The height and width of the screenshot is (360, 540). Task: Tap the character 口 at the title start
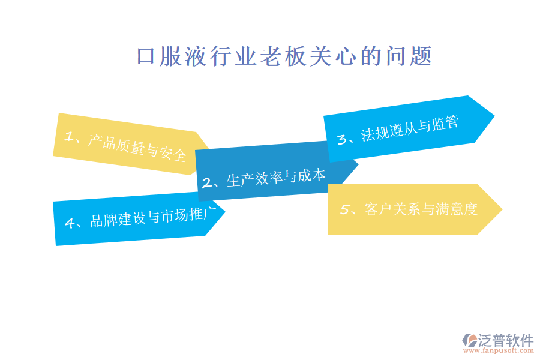[147, 58]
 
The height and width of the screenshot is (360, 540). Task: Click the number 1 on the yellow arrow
[70, 137]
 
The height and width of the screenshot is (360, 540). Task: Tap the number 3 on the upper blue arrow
[343, 139]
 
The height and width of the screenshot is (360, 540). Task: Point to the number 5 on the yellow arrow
[345, 209]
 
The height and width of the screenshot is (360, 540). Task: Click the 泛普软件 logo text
[505, 341]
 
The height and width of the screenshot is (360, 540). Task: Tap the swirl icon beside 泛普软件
[468, 340]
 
